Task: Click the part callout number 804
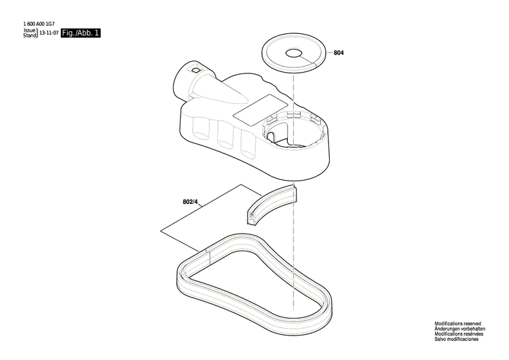pos(339,53)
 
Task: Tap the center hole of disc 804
pos(293,53)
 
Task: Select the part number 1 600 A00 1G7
pos(41,25)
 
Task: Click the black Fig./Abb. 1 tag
pos(81,33)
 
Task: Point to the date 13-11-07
pos(48,33)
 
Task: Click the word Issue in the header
pos(29,31)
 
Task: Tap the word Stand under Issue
pos(29,35)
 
